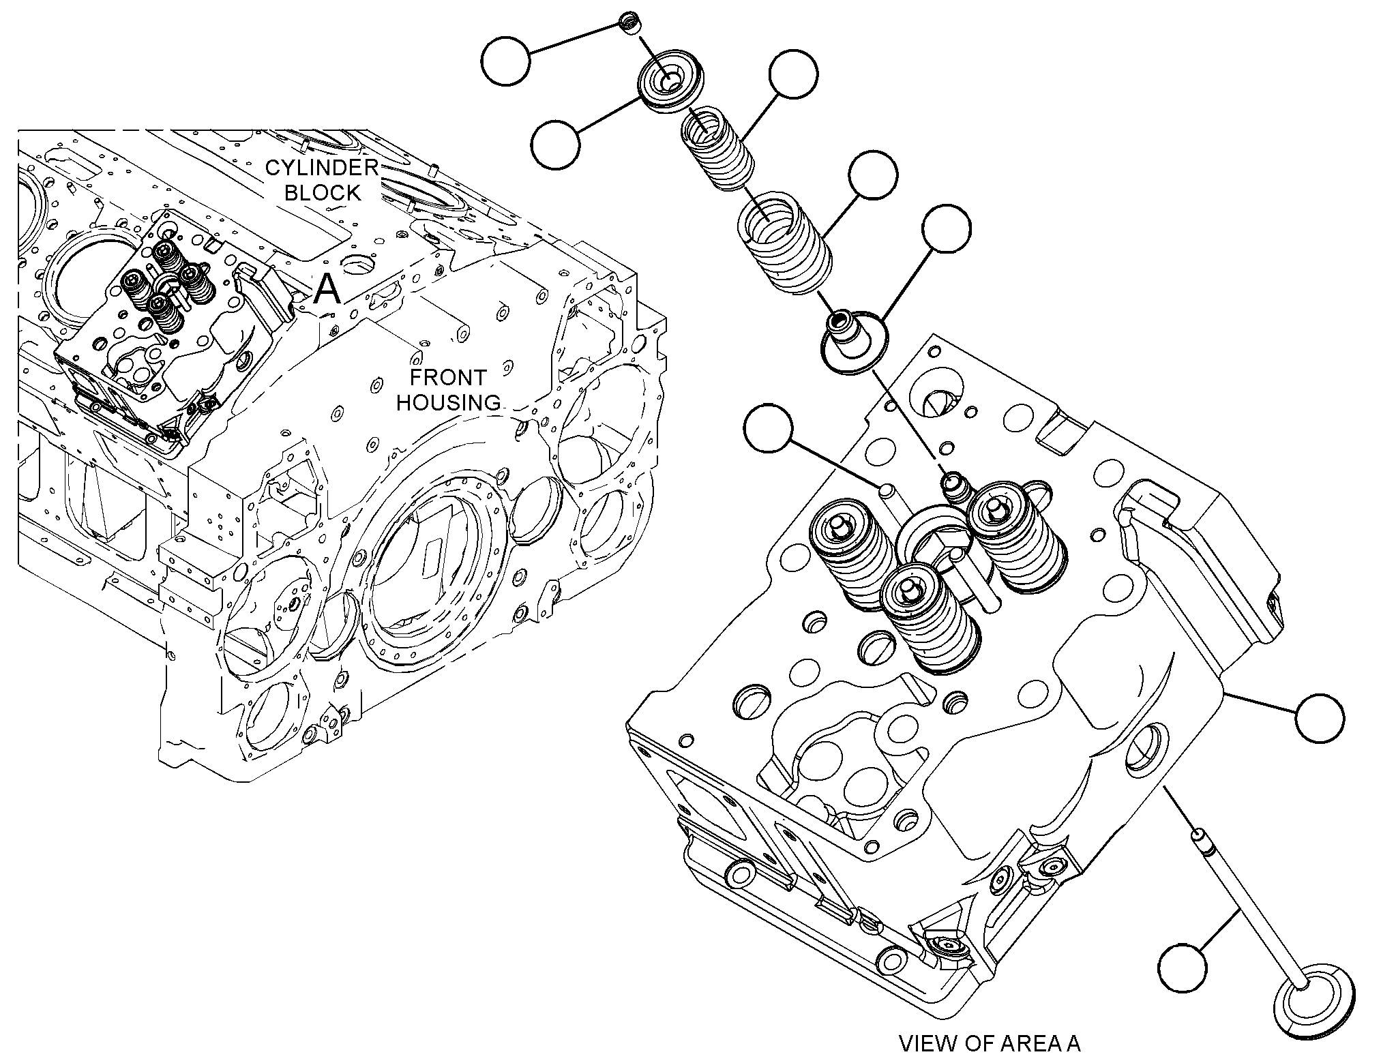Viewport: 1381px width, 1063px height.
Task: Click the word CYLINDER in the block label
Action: click(x=322, y=168)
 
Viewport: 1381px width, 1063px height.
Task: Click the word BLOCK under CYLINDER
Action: click(x=323, y=193)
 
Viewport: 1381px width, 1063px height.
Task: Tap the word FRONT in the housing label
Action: click(x=448, y=377)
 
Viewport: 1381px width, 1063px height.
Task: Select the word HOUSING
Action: click(x=448, y=402)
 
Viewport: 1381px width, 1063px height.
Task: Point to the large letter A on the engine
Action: click(x=327, y=290)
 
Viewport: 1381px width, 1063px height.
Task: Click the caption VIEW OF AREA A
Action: click(x=990, y=1043)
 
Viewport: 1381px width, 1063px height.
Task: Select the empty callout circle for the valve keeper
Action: click(x=505, y=61)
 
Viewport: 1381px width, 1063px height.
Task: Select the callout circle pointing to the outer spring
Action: click(x=872, y=175)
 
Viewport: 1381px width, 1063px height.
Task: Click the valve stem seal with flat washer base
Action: click(x=853, y=341)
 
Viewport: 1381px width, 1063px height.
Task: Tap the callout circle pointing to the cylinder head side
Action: click(x=1320, y=718)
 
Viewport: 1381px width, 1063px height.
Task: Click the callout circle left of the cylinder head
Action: click(x=769, y=429)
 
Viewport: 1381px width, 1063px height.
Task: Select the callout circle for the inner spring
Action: click(x=793, y=74)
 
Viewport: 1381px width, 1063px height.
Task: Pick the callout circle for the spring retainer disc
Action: click(x=556, y=144)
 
